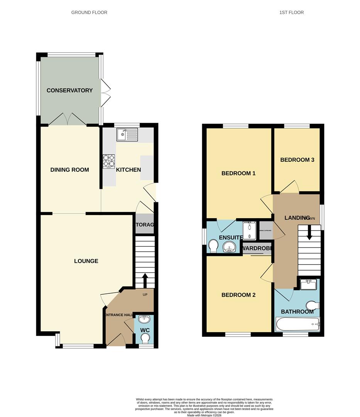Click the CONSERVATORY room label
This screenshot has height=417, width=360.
tap(69, 90)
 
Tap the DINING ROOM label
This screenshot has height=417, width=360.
tap(69, 170)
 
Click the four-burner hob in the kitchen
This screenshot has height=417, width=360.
tap(109, 161)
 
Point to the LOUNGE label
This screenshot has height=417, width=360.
tap(86, 261)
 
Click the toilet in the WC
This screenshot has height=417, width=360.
tap(145, 339)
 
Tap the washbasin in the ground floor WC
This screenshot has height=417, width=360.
tap(144, 319)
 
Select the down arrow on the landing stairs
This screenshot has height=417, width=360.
tap(309, 233)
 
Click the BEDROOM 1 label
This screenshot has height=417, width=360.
tap(238, 173)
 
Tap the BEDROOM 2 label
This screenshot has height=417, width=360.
tap(238, 295)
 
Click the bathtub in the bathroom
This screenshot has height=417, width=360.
tap(297, 324)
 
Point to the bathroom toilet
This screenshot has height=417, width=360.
tap(314, 306)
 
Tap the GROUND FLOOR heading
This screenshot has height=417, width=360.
tap(89, 12)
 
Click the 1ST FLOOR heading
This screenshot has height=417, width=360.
tap(291, 12)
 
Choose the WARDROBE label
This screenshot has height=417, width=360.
tap(257, 248)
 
